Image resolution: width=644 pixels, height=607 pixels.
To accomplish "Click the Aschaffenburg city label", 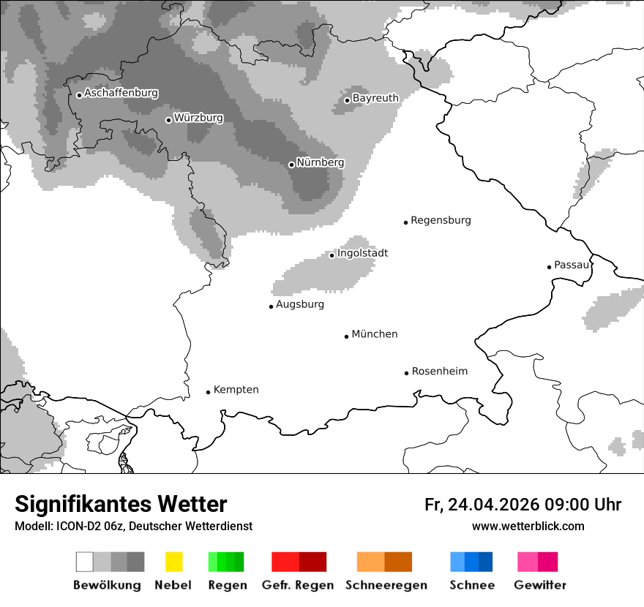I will click(x=121, y=94).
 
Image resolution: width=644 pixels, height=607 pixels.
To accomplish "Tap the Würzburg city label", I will click(x=198, y=118).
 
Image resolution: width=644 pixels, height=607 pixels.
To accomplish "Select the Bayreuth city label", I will click(x=375, y=98).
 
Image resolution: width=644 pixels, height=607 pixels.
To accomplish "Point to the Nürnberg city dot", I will click(x=291, y=165).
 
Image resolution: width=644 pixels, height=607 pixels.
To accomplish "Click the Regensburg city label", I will click(x=441, y=220).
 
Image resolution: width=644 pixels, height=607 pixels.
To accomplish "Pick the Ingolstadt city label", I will click(x=362, y=254).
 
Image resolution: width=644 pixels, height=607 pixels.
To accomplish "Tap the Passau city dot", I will click(x=549, y=267).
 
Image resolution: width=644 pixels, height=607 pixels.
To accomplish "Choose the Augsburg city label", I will click(x=299, y=305).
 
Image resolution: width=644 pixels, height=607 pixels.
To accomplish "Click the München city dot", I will click(x=346, y=336).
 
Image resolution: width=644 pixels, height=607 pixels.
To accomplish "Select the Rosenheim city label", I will click(x=439, y=372).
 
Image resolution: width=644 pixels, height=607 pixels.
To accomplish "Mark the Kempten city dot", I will click(x=208, y=392).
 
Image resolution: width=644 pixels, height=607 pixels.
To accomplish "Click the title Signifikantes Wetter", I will click(x=121, y=504).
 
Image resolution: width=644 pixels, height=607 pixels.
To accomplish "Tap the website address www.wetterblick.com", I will click(x=528, y=527).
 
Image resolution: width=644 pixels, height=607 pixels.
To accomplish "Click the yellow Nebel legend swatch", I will click(x=173, y=562).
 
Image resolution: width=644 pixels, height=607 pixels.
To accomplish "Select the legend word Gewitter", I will click(x=540, y=585).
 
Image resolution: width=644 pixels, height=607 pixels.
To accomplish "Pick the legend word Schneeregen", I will click(x=386, y=585).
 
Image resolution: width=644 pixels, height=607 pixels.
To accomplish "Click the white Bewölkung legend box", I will click(x=84, y=562).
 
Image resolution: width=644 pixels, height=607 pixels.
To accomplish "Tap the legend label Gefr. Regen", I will click(x=297, y=585).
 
